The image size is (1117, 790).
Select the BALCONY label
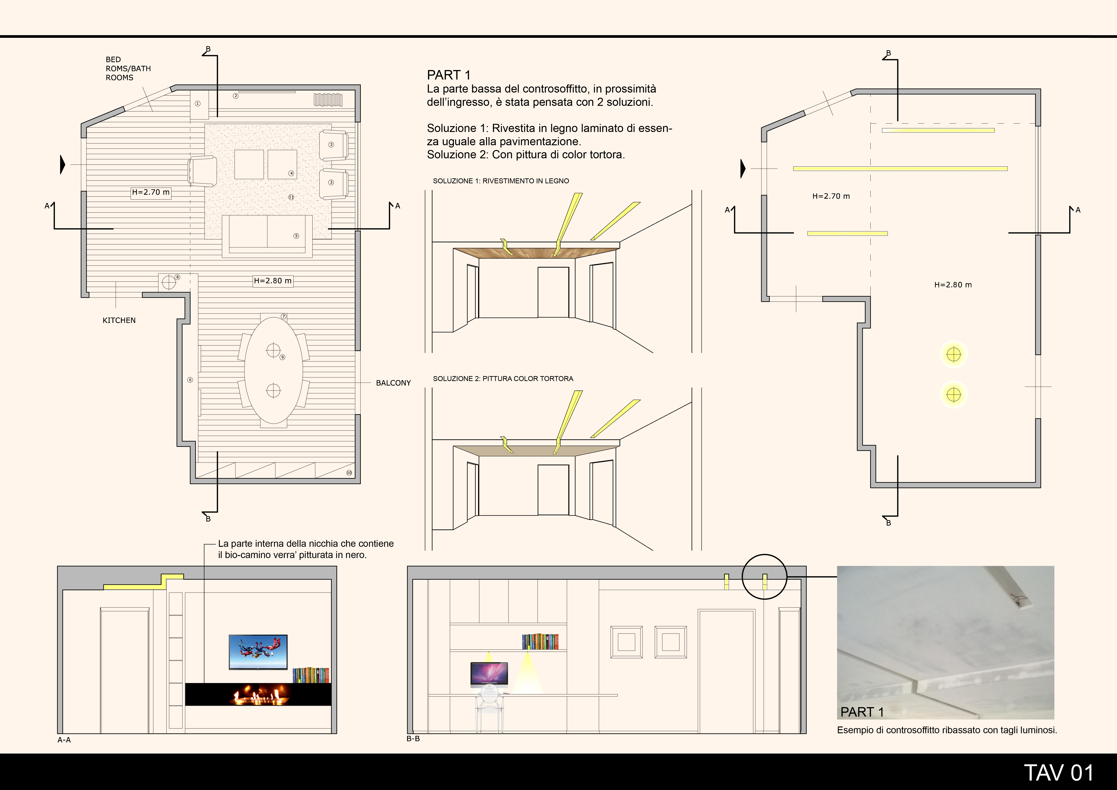pyautogui.click(x=393, y=383)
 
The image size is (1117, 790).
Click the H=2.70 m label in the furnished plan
pyautogui.click(x=151, y=192)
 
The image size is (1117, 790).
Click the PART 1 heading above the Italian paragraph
pyautogui.click(x=449, y=75)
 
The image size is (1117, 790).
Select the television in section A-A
pyautogui.click(x=258, y=652)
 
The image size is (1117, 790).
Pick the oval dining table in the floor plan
pyautogui.click(x=273, y=371)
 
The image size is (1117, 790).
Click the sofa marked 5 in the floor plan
pyautogui.click(x=267, y=236)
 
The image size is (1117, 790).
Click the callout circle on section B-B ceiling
pyautogui.click(x=764, y=555)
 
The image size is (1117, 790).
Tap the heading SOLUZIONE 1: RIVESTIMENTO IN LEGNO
pyautogui.click(x=501, y=181)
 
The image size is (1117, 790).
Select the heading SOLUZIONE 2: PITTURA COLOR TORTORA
pyautogui.click(x=503, y=379)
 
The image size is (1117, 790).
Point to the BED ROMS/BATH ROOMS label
pyautogui.click(x=128, y=69)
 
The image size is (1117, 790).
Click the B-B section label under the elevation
pyautogui.click(x=413, y=738)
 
